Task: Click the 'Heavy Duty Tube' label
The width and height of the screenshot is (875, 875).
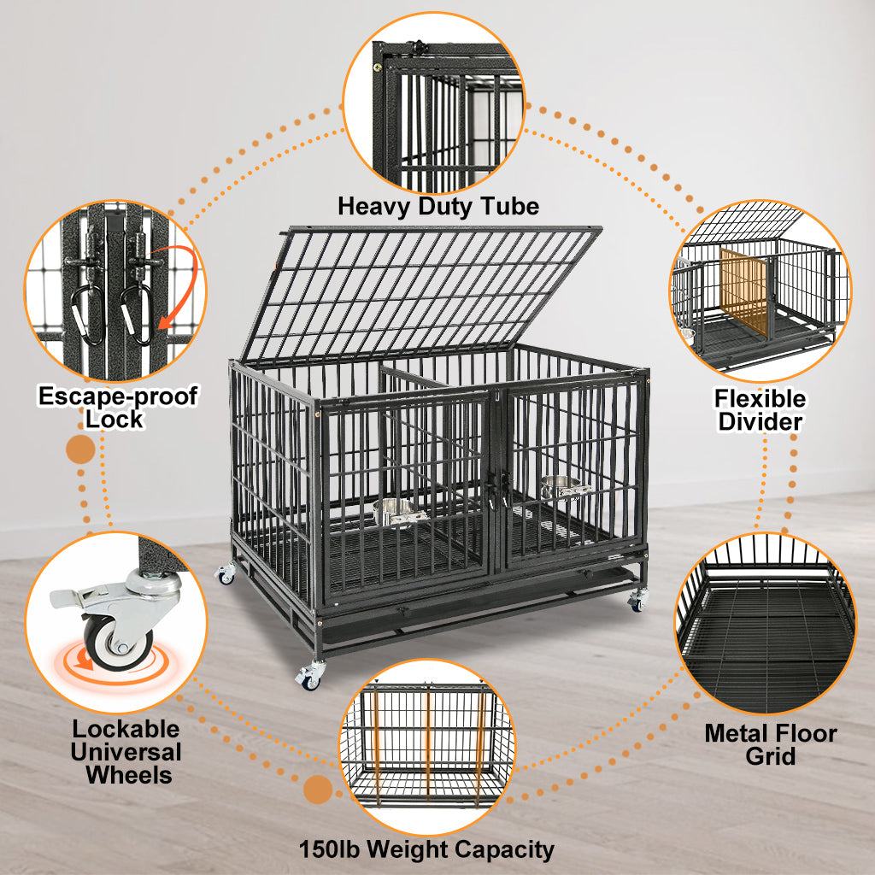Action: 438,206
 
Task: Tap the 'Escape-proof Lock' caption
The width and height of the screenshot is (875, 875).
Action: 118,408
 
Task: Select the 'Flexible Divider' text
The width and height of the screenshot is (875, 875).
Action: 760,410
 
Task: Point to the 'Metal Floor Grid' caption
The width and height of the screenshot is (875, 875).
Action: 770,744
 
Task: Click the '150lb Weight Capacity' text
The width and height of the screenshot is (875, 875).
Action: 426,849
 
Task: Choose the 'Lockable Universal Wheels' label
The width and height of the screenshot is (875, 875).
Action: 126,752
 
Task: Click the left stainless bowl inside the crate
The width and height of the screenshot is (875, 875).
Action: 394,513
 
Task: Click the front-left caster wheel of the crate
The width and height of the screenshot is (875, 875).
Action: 310,678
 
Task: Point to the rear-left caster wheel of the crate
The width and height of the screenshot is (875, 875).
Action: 226,575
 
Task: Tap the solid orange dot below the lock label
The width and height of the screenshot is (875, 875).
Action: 80,449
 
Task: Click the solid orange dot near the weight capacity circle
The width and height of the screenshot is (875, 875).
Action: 317,790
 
